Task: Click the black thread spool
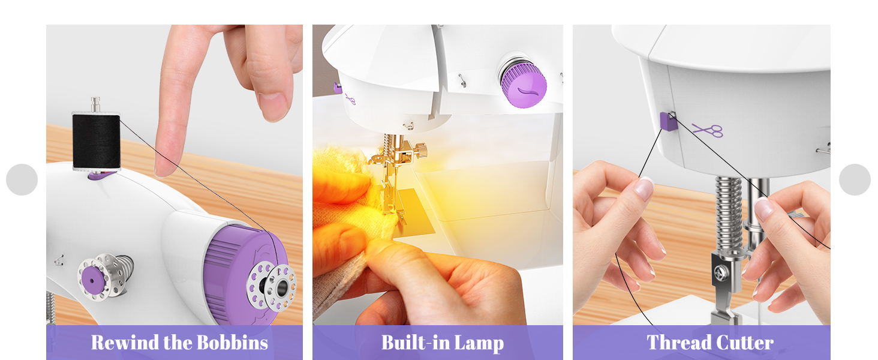point(96,142)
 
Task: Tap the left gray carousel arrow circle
point(22,179)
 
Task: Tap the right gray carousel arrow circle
point(855,179)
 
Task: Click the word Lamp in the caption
point(479,343)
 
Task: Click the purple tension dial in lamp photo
point(524,85)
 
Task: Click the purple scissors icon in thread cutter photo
point(708,130)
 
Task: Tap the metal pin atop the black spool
point(95,104)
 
